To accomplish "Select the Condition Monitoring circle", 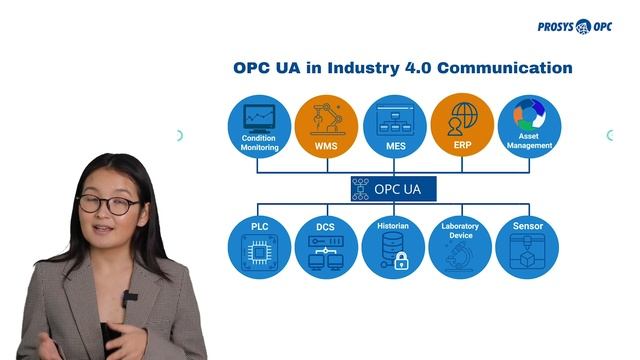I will pos(259,127).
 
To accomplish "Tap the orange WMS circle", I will pos(326,127).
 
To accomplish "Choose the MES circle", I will pos(394,127).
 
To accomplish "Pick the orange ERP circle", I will pos(461,127).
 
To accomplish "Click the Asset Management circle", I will pos(529,127).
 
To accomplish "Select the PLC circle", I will pos(259,246).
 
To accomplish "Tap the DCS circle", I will pos(326,246).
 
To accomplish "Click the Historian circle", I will pos(394,246).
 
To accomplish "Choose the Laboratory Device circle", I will pos(461,246).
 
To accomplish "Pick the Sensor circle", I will pos(527,246).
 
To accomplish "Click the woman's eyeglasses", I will pos(107,205).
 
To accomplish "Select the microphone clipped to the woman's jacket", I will pos(130,298).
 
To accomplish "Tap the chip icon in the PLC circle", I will pos(259,258).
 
